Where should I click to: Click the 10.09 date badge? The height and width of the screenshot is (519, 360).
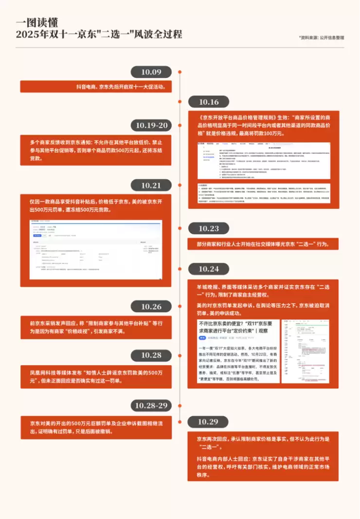pyautogui.click(x=151, y=72)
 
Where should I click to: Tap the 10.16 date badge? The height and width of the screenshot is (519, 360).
pyautogui.click(x=209, y=102)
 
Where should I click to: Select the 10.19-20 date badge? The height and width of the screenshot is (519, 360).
pyautogui.click(x=151, y=126)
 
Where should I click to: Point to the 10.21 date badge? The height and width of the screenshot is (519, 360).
pyautogui.click(x=151, y=185)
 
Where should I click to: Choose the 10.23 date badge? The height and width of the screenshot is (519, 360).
pyautogui.click(x=209, y=229)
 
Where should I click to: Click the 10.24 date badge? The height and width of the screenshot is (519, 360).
pyautogui.click(x=209, y=269)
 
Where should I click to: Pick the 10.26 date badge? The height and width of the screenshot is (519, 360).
pyautogui.click(x=151, y=306)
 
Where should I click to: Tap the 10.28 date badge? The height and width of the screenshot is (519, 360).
pyautogui.click(x=151, y=355)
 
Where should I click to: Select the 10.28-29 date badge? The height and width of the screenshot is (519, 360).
pyautogui.click(x=151, y=405)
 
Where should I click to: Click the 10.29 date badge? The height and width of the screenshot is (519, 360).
pyautogui.click(x=209, y=422)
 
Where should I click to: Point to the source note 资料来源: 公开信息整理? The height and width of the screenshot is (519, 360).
pyautogui.click(x=321, y=37)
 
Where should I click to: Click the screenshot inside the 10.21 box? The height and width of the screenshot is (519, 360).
pyautogui.click(x=96, y=249)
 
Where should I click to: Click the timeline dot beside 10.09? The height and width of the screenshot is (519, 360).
pyautogui.click(x=180, y=72)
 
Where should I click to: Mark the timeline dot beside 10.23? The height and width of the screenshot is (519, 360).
pyautogui.click(x=180, y=229)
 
